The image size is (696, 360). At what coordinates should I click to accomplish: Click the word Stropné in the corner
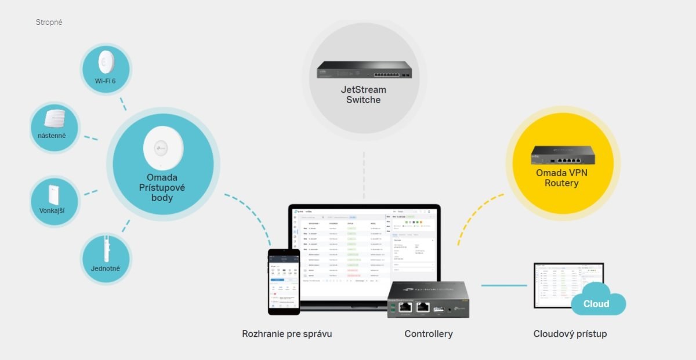(x=49, y=22)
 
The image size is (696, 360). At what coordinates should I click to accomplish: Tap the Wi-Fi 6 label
(x=106, y=81)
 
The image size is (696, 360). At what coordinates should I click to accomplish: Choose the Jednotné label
(x=106, y=269)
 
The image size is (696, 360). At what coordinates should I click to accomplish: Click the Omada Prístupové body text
(x=162, y=188)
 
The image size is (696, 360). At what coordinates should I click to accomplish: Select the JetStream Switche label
(x=363, y=94)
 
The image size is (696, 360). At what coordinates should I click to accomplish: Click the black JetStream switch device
(x=363, y=71)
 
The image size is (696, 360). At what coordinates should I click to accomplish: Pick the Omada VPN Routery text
(x=561, y=178)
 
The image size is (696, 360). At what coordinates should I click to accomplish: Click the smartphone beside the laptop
(x=283, y=282)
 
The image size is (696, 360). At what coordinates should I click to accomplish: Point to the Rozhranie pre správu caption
(x=287, y=334)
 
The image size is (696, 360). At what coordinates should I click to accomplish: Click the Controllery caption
(x=429, y=334)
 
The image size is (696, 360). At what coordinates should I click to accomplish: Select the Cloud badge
(x=596, y=304)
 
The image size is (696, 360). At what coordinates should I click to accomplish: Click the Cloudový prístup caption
(x=570, y=334)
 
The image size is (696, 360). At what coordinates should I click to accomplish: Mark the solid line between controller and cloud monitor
(x=503, y=285)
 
